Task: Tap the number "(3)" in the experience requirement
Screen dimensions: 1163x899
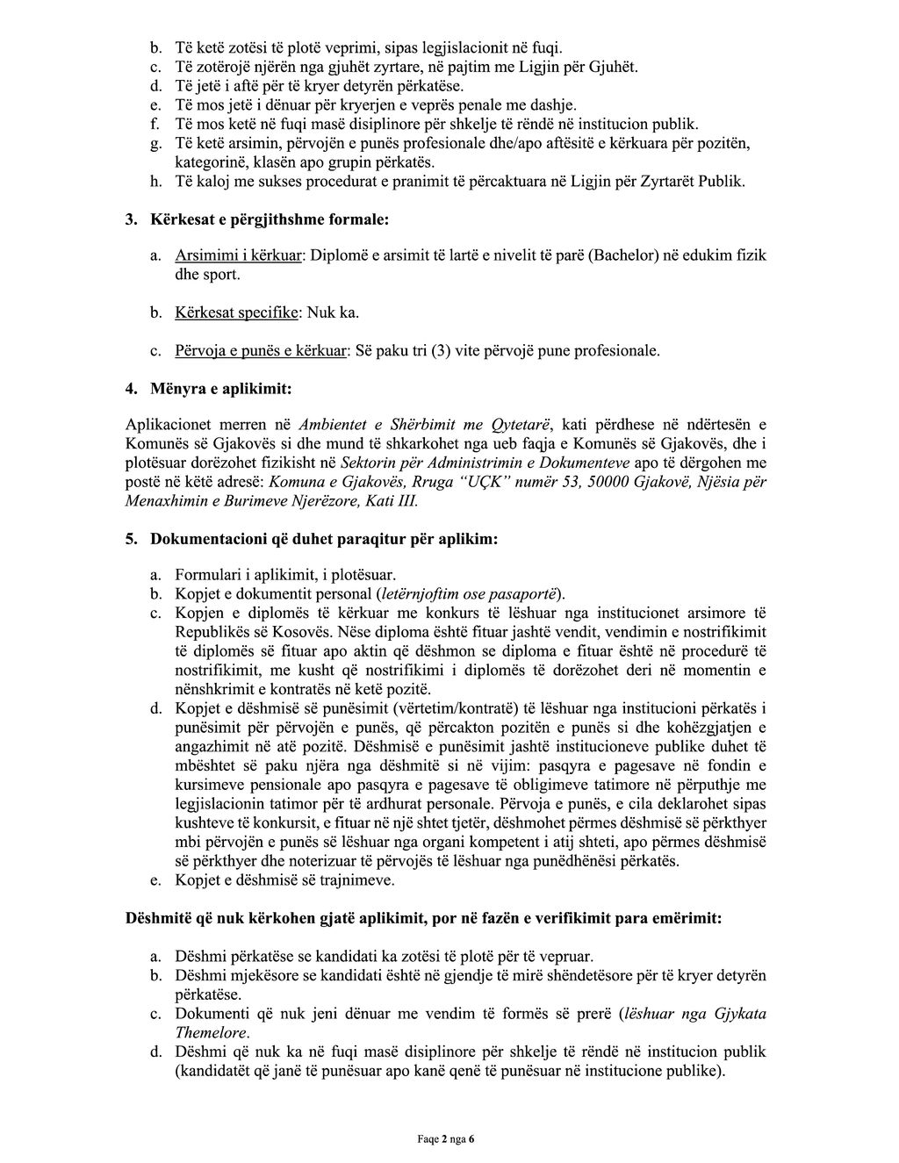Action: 449,351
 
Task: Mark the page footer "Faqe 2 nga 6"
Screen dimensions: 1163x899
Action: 445,1139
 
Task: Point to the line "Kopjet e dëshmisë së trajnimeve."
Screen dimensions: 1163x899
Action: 284,879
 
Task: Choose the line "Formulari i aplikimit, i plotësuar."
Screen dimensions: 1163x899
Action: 285,576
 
